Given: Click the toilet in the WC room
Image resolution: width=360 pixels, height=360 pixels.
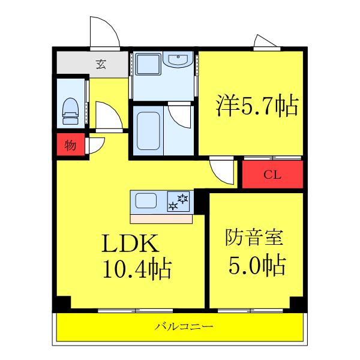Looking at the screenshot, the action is [70, 112].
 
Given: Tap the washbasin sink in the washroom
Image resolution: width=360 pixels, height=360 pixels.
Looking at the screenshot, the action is [178, 59].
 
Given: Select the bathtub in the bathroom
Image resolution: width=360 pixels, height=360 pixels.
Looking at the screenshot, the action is [148, 131].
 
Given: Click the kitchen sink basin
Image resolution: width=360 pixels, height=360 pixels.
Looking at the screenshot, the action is [146, 200].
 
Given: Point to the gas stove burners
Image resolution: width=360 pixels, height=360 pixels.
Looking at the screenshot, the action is [178, 202].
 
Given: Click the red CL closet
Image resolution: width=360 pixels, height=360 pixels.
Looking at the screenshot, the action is [272, 175].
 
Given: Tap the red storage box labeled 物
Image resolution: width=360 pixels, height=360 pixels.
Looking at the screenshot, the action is [70, 145].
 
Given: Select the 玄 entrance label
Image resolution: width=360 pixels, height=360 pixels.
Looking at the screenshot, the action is [101, 64].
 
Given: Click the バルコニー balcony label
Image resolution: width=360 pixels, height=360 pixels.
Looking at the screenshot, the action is [184, 326].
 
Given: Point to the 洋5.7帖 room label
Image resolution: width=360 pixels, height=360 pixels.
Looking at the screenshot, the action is [257, 106].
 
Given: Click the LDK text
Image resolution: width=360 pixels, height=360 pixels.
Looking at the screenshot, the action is [130, 243].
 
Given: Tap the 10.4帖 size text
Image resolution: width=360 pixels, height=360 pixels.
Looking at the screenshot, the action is [137, 269].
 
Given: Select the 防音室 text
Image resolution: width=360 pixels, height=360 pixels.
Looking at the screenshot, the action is [254, 237].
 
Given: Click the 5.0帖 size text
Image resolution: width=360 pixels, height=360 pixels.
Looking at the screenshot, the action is [257, 265].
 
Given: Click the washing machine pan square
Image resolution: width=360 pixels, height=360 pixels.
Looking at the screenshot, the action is [148, 64].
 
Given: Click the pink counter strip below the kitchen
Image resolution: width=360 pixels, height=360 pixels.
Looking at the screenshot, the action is [161, 219].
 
